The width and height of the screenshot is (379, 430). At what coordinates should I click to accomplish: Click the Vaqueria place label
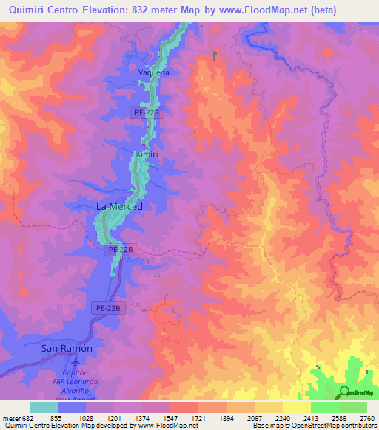(x=154, y=72)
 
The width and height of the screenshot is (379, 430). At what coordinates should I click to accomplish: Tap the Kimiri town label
(x=147, y=154)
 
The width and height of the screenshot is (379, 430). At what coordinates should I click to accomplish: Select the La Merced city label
(x=119, y=207)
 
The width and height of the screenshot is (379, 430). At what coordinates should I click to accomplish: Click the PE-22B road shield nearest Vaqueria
(x=147, y=112)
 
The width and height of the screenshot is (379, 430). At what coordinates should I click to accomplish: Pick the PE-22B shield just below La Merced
(x=121, y=250)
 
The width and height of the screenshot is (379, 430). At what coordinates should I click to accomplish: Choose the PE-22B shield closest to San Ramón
(x=107, y=307)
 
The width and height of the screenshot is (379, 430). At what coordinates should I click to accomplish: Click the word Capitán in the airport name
(x=76, y=373)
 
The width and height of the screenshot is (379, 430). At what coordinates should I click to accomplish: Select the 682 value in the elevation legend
(x=21, y=418)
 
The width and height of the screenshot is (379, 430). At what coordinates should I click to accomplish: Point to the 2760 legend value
(x=368, y=418)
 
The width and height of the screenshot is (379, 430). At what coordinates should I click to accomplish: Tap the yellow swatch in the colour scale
(x=296, y=407)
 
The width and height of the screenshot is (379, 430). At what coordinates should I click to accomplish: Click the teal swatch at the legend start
(x=43, y=407)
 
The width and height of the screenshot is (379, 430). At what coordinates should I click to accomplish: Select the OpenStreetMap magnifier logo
(x=343, y=392)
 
